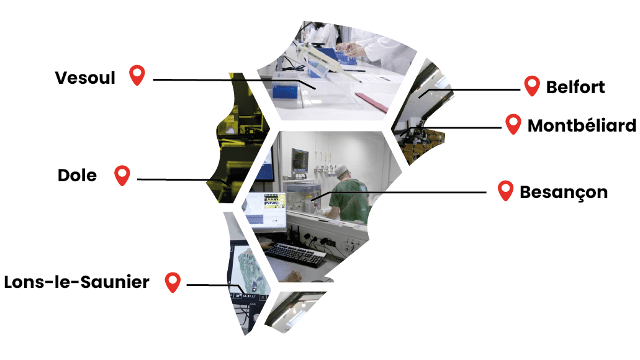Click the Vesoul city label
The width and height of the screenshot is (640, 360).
pyautogui.click(x=85, y=78)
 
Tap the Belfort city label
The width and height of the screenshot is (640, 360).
pyautogui.click(x=576, y=87)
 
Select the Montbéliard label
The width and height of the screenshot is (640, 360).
pyautogui.click(x=582, y=125)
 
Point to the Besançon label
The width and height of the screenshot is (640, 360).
pyautogui.click(x=564, y=192)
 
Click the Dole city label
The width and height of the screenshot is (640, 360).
pyautogui.click(x=77, y=175)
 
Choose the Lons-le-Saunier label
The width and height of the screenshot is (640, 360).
pyautogui.click(x=77, y=282)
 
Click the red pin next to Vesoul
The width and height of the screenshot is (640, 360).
pyautogui.click(x=137, y=75)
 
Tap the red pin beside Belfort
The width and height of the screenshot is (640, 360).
pyautogui.click(x=532, y=86)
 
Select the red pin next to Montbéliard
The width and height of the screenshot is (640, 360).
pyautogui.click(x=513, y=124)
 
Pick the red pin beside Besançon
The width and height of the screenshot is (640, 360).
pyautogui.click(x=505, y=190)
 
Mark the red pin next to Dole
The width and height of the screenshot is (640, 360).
pyautogui.click(x=122, y=175)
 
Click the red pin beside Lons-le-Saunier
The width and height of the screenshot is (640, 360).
pyautogui.click(x=173, y=282)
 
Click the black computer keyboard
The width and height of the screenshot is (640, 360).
pyautogui.click(x=296, y=254)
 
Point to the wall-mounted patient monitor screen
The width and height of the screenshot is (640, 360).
pyautogui.click(x=300, y=159)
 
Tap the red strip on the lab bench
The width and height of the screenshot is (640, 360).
pyautogui.click(x=372, y=102)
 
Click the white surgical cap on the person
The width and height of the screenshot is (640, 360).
pyautogui.click(x=342, y=170)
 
